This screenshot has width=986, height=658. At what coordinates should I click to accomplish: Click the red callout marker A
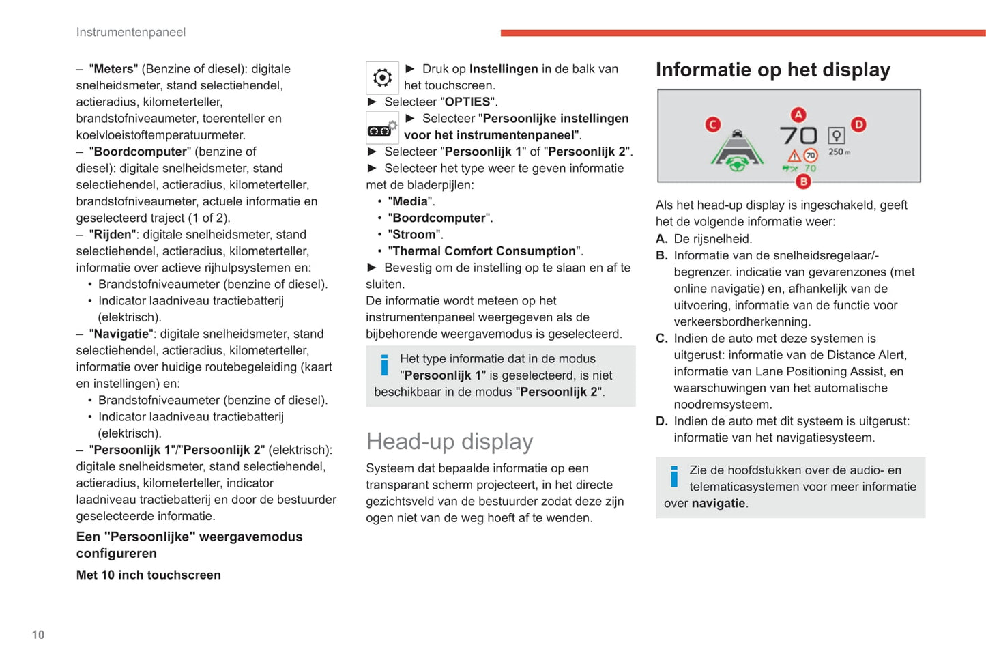point(798,115)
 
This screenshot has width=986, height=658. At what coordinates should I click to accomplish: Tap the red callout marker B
point(804,182)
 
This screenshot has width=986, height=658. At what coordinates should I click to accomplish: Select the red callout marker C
point(713,124)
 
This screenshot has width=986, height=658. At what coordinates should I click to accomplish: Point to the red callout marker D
point(858,124)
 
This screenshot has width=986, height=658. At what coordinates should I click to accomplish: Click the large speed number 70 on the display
point(798,135)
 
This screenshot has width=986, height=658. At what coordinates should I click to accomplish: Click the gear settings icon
point(382,77)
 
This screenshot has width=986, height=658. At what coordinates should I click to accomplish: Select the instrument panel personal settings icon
point(382,128)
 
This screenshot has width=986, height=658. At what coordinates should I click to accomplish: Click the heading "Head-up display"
point(449,442)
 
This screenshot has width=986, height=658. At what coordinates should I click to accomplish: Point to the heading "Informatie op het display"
point(772,70)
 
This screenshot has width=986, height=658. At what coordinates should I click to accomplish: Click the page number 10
point(38,635)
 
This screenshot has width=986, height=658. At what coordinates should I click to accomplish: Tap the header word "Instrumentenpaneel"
point(130,32)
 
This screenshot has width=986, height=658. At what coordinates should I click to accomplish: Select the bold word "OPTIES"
point(467,102)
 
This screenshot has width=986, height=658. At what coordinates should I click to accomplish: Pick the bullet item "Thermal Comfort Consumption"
point(484,251)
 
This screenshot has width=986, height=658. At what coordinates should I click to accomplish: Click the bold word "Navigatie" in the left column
point(121,334)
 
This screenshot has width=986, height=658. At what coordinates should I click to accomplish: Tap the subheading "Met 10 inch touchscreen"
point(148,575)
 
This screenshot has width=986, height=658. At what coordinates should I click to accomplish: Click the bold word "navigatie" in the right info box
point(718,503)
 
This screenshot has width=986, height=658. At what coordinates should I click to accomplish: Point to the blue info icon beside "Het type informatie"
point(384,365)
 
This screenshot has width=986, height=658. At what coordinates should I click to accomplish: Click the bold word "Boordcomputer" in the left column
point(140,152)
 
